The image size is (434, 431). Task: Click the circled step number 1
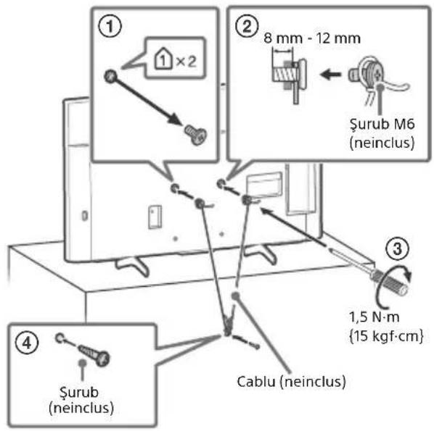click(x=110, y=27)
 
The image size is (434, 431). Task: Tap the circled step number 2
click(x=246, y=27)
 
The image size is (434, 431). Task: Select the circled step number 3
click(x=398, y=248)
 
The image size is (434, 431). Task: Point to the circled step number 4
click(x=27, y=343)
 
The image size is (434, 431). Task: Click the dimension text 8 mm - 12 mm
click(x=312, y=38)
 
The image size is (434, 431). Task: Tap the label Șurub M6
click(x=382, y=124)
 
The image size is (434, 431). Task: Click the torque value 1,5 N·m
click(x=374, y=317)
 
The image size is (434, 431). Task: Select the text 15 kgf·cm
click(x=386, y=336)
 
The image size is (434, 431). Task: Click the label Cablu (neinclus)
click(x=292, y=382)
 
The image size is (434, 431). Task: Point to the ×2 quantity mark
click(x=187, y=62)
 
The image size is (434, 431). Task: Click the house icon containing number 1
click(x=163, y=58)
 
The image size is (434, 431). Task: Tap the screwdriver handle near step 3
click(x=391, y=281)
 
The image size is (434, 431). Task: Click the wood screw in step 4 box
click(x=94, y=354)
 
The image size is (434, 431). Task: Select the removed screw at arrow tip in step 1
click(x=196, y=135)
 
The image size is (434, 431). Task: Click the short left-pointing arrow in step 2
click(x=330, y=74)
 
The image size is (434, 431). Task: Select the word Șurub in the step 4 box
click(x=79, y=393)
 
